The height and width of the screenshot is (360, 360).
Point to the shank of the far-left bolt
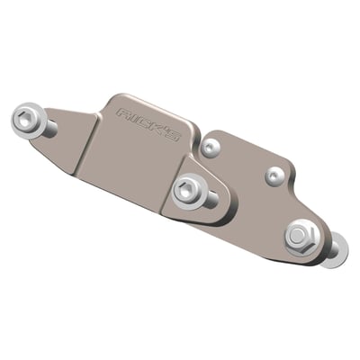pos(47,129)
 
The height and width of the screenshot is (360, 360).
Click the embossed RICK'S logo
pos(148,124)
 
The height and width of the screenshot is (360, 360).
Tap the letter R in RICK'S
pos(123,113)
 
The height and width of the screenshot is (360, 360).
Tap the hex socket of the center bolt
pos(186,188)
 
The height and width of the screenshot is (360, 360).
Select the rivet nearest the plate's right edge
pos(275,174)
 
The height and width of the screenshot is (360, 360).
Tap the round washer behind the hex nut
pos(331,251)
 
